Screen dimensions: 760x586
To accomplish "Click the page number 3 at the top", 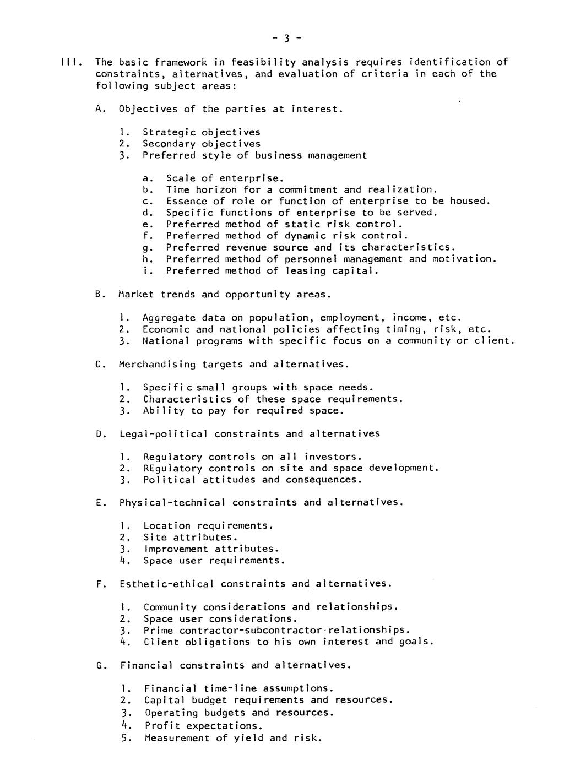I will (287, 38).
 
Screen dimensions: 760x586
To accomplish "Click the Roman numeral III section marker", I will (72, 62).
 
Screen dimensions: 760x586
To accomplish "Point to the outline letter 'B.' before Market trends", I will (100, 295).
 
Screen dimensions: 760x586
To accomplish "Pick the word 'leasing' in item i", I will (305, 270).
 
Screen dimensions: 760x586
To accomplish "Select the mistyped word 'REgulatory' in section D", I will (172, 468).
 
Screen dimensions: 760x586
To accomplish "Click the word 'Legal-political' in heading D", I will (164, 434).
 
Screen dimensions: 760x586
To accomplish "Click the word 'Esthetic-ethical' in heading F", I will (167, 584).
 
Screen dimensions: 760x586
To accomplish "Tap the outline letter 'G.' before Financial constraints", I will (100, 665).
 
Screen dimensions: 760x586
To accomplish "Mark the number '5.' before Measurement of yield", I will (126, 738).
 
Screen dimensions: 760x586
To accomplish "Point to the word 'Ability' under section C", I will (164, 411).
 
